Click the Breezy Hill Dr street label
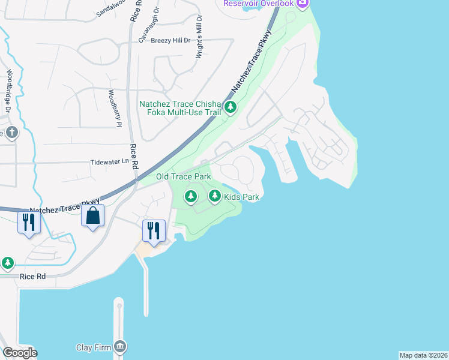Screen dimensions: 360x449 coord(170,40)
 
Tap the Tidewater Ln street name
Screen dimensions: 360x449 coord(109,161)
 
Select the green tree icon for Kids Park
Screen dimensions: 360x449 coord(215,196)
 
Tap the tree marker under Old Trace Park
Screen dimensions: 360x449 coord(191,196)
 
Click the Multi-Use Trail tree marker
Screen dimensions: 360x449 coord(231,107)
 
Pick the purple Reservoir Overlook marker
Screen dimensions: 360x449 coord(302,4)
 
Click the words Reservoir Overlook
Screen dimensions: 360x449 coord(259,4)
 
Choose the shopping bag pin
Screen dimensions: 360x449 coord(93,215)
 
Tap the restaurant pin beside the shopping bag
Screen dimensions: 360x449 coord(29,222)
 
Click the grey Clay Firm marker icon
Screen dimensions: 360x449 coord(121,346)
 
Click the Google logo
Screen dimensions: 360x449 coord(20,353)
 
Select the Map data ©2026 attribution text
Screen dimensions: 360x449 coord(423,355)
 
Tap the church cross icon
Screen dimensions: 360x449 coord(10,131)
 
